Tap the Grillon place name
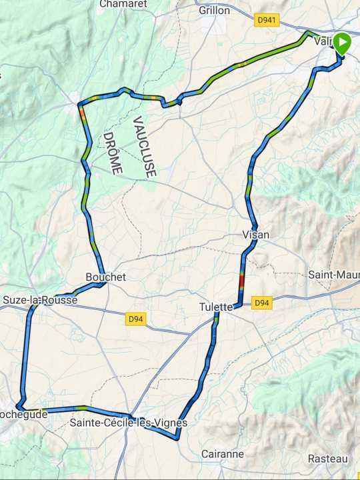[x=214, y=11]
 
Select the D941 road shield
[x=266, y=21]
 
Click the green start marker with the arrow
[x=341, y=44]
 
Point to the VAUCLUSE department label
[x=144, y=147]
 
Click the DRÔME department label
[x=112, y=153]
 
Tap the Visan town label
[x=256, y=235]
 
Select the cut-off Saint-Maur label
[x=333, y=275]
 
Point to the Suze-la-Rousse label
[x=40, y=300]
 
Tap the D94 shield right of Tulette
[x=262, y=303]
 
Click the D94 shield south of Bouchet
[x=136, y=319]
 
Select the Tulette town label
[x=216, y=307]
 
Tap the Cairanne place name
[x=222, y=454]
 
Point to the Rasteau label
[x=327, y=459]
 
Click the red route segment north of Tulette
[x=241, y=279]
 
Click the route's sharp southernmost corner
[x=177, y=438]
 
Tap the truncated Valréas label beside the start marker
[x=323, y=41]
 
